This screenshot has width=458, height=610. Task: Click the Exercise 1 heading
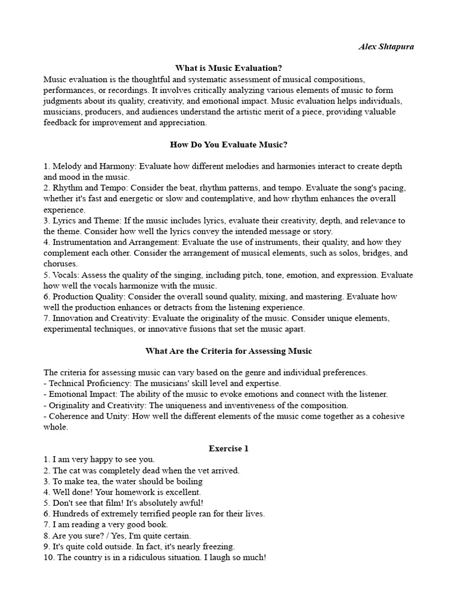point(228,448)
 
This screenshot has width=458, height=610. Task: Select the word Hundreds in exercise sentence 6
point(71,513)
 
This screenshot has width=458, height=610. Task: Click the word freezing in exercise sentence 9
point(218,546)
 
